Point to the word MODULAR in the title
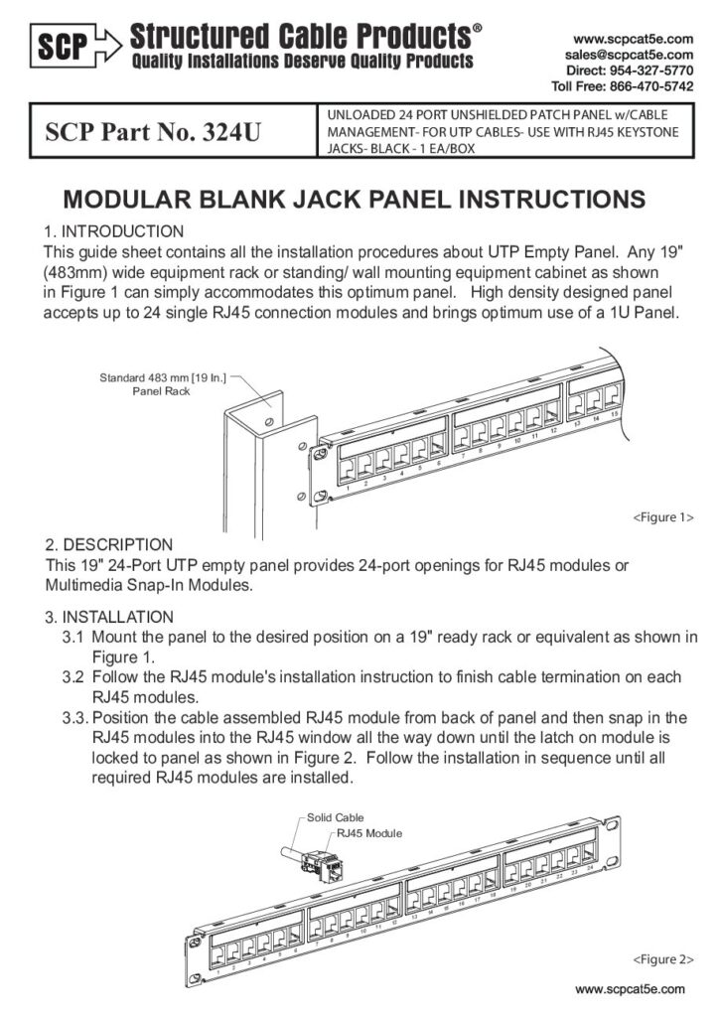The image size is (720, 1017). pyautogui.click(x=121, y=199)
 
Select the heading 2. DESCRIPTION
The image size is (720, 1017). pyautogui.click(x=109, y=544)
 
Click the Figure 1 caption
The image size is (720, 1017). pyautogui.click(x=662, y=517)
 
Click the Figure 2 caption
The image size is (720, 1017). pyautogui.click(x=662, y=960)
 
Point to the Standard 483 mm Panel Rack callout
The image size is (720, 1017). pyautogui.click(x=164, y=383)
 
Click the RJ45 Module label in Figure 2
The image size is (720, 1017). pyautogui.click(x=369, y=833)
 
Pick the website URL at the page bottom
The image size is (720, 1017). pyautogui.click(x=631, y=989)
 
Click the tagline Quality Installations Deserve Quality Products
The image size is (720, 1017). pyautogui.click(x=302, y=63)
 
